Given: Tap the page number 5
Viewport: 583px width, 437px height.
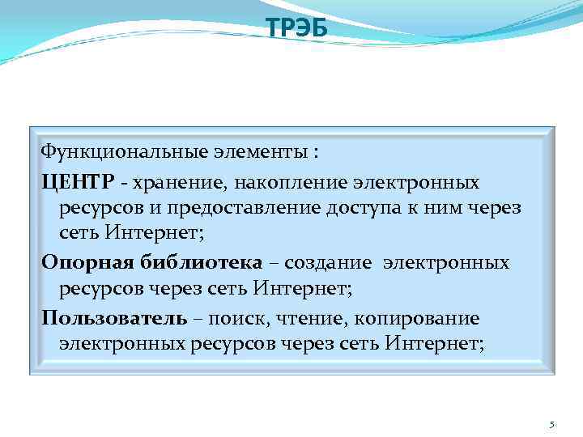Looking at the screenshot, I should click(552, 425).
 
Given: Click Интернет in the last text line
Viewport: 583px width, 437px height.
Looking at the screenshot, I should click(433, 345).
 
